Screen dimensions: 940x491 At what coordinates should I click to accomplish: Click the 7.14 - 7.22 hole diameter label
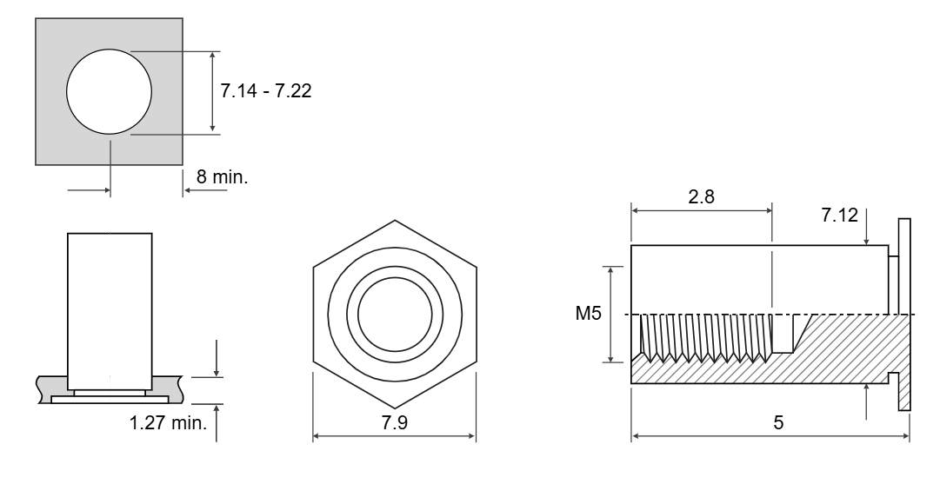(265, 91)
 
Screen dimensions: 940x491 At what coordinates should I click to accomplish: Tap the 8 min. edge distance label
(222, 176)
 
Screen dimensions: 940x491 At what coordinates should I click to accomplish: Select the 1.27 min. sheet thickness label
(168, 422)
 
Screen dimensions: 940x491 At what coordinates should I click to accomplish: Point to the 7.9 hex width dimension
(395, 422)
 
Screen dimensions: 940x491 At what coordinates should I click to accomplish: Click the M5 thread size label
(588, 313)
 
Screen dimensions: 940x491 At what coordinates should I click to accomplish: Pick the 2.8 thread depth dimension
(702, 196)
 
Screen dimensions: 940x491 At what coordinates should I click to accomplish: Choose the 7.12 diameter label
(839, 215)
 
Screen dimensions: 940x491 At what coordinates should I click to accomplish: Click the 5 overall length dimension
(778, 422)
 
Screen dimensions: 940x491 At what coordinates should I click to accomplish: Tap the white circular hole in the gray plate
(109, 91)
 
